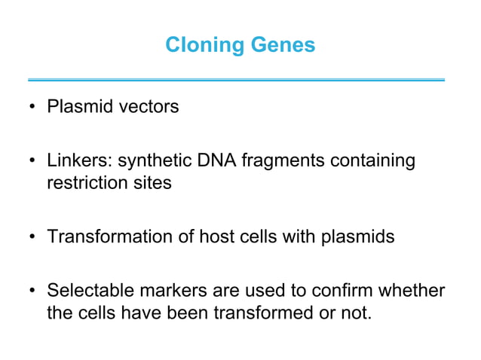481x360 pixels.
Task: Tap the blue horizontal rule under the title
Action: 236,79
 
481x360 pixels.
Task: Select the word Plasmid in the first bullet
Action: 75,107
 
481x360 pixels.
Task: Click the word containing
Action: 374,161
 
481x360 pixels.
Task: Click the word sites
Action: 150,182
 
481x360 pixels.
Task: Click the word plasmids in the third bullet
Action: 360,236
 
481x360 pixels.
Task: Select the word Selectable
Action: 88,291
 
